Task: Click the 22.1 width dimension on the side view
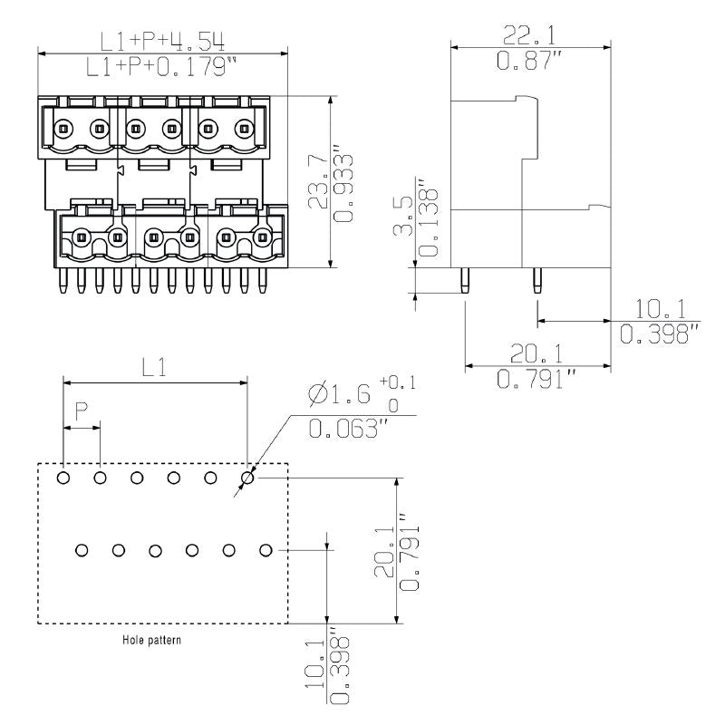530,35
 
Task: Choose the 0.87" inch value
530,61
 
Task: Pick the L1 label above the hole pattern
155,366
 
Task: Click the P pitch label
82,410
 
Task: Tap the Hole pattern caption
152,640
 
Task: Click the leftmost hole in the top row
63,478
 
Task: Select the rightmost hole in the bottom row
266,550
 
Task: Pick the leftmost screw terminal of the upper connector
62,128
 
